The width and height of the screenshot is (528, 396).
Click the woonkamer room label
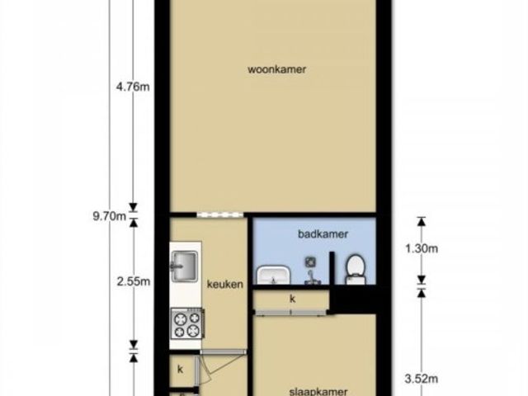click(277, 69)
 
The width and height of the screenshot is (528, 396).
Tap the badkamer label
click(323, 233)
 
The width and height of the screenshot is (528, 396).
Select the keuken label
click(225, 284)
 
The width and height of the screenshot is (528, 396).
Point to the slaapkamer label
click(318, 392)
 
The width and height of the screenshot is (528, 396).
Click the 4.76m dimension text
click(133, 87)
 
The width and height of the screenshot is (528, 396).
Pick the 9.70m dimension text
click(110, 216)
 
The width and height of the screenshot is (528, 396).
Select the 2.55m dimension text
click(134, 281)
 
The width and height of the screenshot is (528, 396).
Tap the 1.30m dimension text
click(422, 249)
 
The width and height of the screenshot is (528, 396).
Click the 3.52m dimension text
click(422, 379)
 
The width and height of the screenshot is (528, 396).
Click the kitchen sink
click(184, 266)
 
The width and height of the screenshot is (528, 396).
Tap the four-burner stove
click(187, 324)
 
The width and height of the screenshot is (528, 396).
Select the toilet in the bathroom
click(355, 270)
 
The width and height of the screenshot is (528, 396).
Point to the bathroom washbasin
click(274, 275)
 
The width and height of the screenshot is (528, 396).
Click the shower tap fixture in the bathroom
click(310, 277)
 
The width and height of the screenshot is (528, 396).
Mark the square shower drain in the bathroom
click(310, 262)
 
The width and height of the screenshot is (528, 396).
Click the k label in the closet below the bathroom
click(293, 299)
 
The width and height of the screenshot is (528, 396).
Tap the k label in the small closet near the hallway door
click(180, 370)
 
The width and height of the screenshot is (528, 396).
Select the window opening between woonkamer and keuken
click(220, 214)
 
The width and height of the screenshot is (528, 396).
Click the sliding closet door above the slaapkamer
click(291, 313)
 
